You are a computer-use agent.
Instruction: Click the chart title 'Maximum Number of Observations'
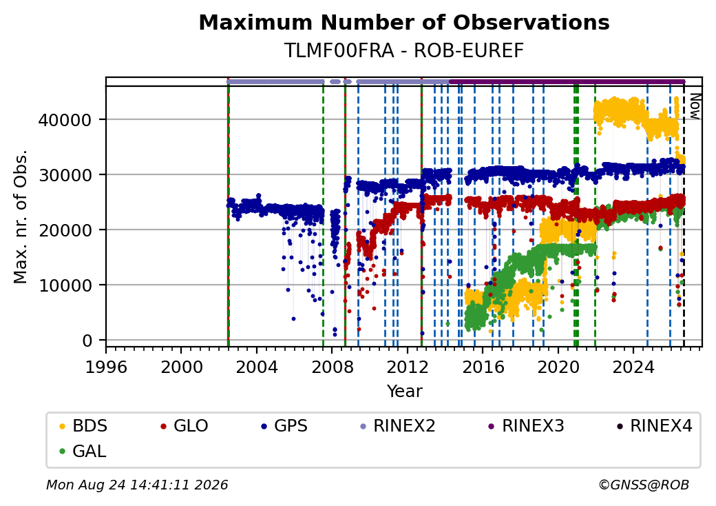[x=404, y=22]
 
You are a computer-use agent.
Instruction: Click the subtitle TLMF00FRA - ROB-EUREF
[x=404, y=51]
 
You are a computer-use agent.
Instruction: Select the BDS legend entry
[x=83, y=426]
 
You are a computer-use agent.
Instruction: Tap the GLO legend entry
[x=185, y=426]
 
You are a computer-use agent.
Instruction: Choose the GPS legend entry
[x=284, y=426]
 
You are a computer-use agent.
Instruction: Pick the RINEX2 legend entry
[x=398, y=426]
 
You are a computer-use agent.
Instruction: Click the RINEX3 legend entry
[x=527, y=426]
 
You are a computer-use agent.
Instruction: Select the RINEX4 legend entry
[x=655, y=426]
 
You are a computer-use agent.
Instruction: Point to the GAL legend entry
[x=83, y=451]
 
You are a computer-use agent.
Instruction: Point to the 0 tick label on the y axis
[x=87, y=341]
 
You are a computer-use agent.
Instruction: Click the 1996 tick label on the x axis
[x=107, y=367]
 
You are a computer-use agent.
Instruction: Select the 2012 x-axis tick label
[x=408, y=367]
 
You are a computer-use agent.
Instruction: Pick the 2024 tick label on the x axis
[x=633, y=367]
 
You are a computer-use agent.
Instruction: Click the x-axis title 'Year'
[x=405, y=392]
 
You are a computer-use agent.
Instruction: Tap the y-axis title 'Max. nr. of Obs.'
[x=21, y=216]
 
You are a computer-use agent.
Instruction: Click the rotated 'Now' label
[x=695, y=106]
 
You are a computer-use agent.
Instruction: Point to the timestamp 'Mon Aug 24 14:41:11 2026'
[x=137, y=485]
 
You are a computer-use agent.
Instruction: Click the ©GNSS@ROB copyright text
[x=644, y=485]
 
